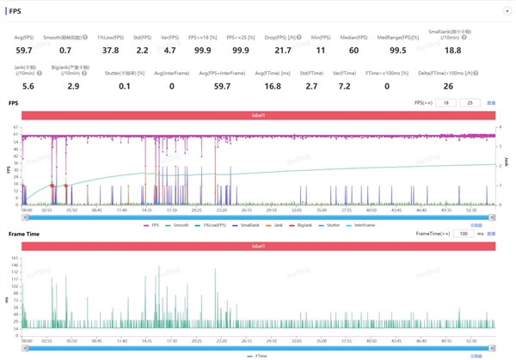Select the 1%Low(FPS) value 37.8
click(x=111, y=51)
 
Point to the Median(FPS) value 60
click(x=354, y=51)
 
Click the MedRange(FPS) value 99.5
click(x=397, y=51)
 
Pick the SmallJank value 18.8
click(x=452, y=51)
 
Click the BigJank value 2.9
click(x=72, y=87)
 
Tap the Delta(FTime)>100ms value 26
click(x=449, y=87)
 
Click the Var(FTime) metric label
click(x=344, y=73)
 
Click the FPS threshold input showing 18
click(x=445, y=102)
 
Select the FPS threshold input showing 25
click(x=469, y=102)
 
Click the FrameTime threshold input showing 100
click(x=464, y=233)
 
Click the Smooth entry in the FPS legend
click(x=180, y=225)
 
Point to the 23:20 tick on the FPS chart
click(x=222, y=210)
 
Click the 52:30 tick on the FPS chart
click(x=470, y=210)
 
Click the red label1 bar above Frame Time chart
click(x=258, y=246)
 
